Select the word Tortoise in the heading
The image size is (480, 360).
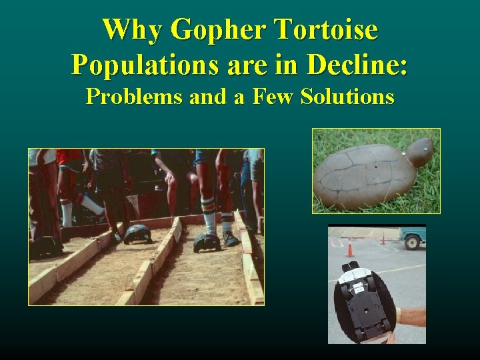coord(327,30)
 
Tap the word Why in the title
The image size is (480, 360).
coord(131,30)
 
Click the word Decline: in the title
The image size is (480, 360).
coord(357,65)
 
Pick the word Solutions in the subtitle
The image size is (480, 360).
coord(347,97)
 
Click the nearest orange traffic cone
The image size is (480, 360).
coord(350,248)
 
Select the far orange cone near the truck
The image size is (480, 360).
coord(383,238)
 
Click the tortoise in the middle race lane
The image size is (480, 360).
coord(138,233)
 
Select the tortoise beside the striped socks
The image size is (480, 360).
coord(207,241)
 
